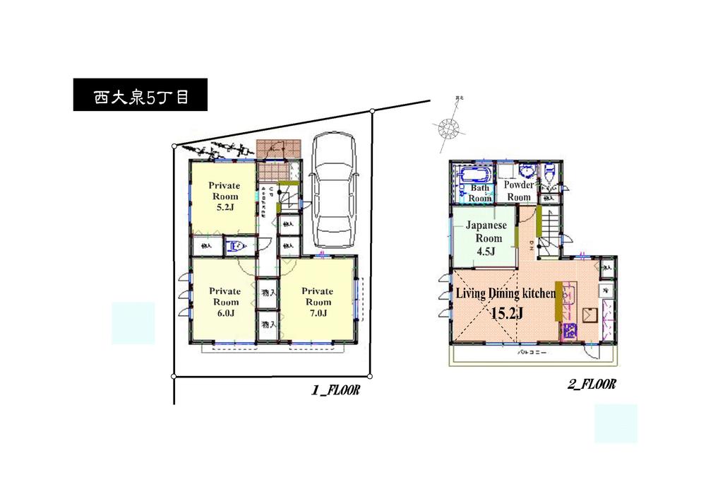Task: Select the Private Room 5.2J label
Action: tap(224, 197)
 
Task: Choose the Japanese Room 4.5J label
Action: tap(484, 238)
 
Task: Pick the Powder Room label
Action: tap(519, 191)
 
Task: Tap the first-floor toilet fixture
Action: tap(236, 246)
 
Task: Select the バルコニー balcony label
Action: tap(531, 351)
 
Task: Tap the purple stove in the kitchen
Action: tap(569, 329)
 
